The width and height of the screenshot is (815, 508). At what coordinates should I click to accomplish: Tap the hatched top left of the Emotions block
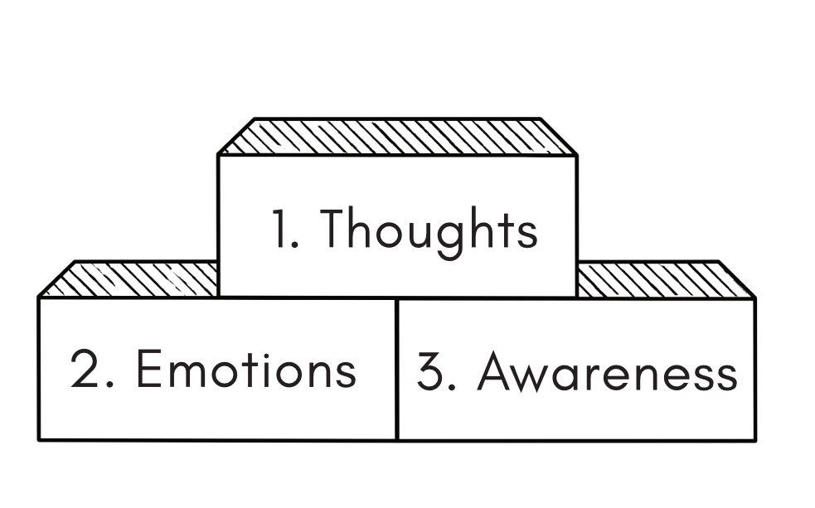click(x=129, y=279)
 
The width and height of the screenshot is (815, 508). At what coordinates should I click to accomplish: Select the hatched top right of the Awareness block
click(x=663, y=279)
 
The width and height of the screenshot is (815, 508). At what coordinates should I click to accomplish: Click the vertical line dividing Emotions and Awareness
click(x=397, y=369)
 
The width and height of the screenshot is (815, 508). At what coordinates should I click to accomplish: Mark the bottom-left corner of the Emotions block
click(x=39, y=439)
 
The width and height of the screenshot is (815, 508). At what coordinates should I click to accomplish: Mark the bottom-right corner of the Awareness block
click(x=754, y=439)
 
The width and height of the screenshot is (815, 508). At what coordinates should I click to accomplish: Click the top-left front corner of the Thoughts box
click(x=218, y=155)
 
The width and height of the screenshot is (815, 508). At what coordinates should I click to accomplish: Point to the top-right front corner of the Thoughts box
click(x=576, y=155)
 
